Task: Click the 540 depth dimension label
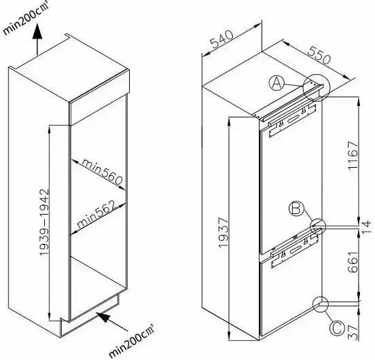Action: [221, 39]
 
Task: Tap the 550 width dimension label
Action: [319, 56]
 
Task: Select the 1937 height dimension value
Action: [224, 232]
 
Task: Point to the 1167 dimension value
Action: [354, 156]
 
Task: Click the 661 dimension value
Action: [354, 262]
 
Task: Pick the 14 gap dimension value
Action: [367, 227]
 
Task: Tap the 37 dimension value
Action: [354, 333]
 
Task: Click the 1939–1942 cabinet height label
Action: [44, 222]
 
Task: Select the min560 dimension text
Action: [102, 172]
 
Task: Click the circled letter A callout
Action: [276, 83]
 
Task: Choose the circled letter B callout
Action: [296, 209]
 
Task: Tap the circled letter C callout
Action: [337, 328]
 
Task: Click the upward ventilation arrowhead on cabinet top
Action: [37, 31]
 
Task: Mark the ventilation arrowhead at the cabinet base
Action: [103, 317]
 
